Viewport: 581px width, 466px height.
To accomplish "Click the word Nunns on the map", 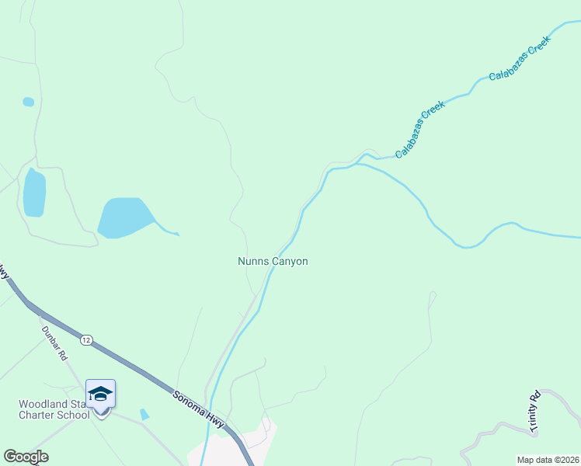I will pos(253,262).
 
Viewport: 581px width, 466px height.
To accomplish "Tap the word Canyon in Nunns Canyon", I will pos(290,262).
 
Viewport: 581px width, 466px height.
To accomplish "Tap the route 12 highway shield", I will pos(86,339).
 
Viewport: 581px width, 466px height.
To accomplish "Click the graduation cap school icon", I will pos(100,395).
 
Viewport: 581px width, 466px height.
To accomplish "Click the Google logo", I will pos(26,457).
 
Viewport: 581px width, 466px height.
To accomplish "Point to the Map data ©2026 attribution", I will pos(548,460).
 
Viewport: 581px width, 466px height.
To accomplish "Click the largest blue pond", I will pos(125,217).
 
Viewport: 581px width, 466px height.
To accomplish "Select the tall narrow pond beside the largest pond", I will pos(34,193).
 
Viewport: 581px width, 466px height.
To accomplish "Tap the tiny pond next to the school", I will pos(144,415).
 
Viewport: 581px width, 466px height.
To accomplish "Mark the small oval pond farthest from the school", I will pos(29,102).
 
